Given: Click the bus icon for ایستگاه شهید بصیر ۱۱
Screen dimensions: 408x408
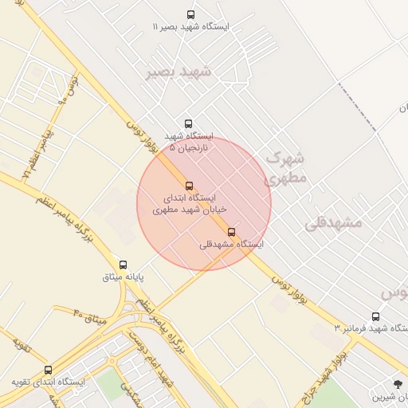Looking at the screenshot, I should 190,14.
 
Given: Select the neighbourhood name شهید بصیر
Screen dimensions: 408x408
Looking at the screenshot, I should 178,72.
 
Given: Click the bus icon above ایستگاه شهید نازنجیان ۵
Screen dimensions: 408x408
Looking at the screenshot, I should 188,124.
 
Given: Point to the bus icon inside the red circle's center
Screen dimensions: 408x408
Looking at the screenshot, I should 189,186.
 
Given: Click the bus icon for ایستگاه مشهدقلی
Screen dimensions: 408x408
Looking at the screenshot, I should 232,232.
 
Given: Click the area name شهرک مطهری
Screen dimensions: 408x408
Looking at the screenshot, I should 285,168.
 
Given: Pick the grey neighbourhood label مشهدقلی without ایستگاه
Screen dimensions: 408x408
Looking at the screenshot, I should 333,222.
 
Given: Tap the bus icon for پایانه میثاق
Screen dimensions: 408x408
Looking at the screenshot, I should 123,265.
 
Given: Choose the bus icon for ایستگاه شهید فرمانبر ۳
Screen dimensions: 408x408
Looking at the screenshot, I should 375,316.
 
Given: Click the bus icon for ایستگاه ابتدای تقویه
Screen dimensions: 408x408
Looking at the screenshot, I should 49,370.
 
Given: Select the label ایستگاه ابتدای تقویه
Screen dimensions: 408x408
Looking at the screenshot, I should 49,382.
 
